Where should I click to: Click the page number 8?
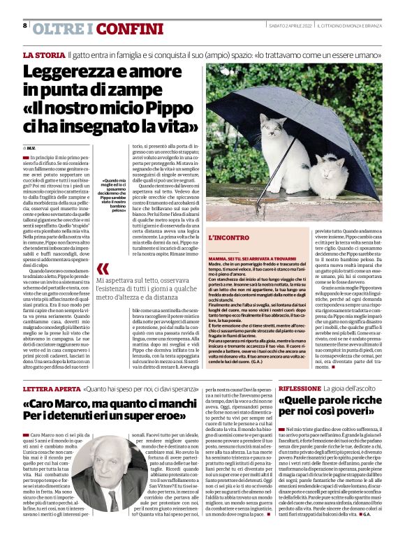pos(25,25)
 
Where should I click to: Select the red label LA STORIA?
pos(43,54)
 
